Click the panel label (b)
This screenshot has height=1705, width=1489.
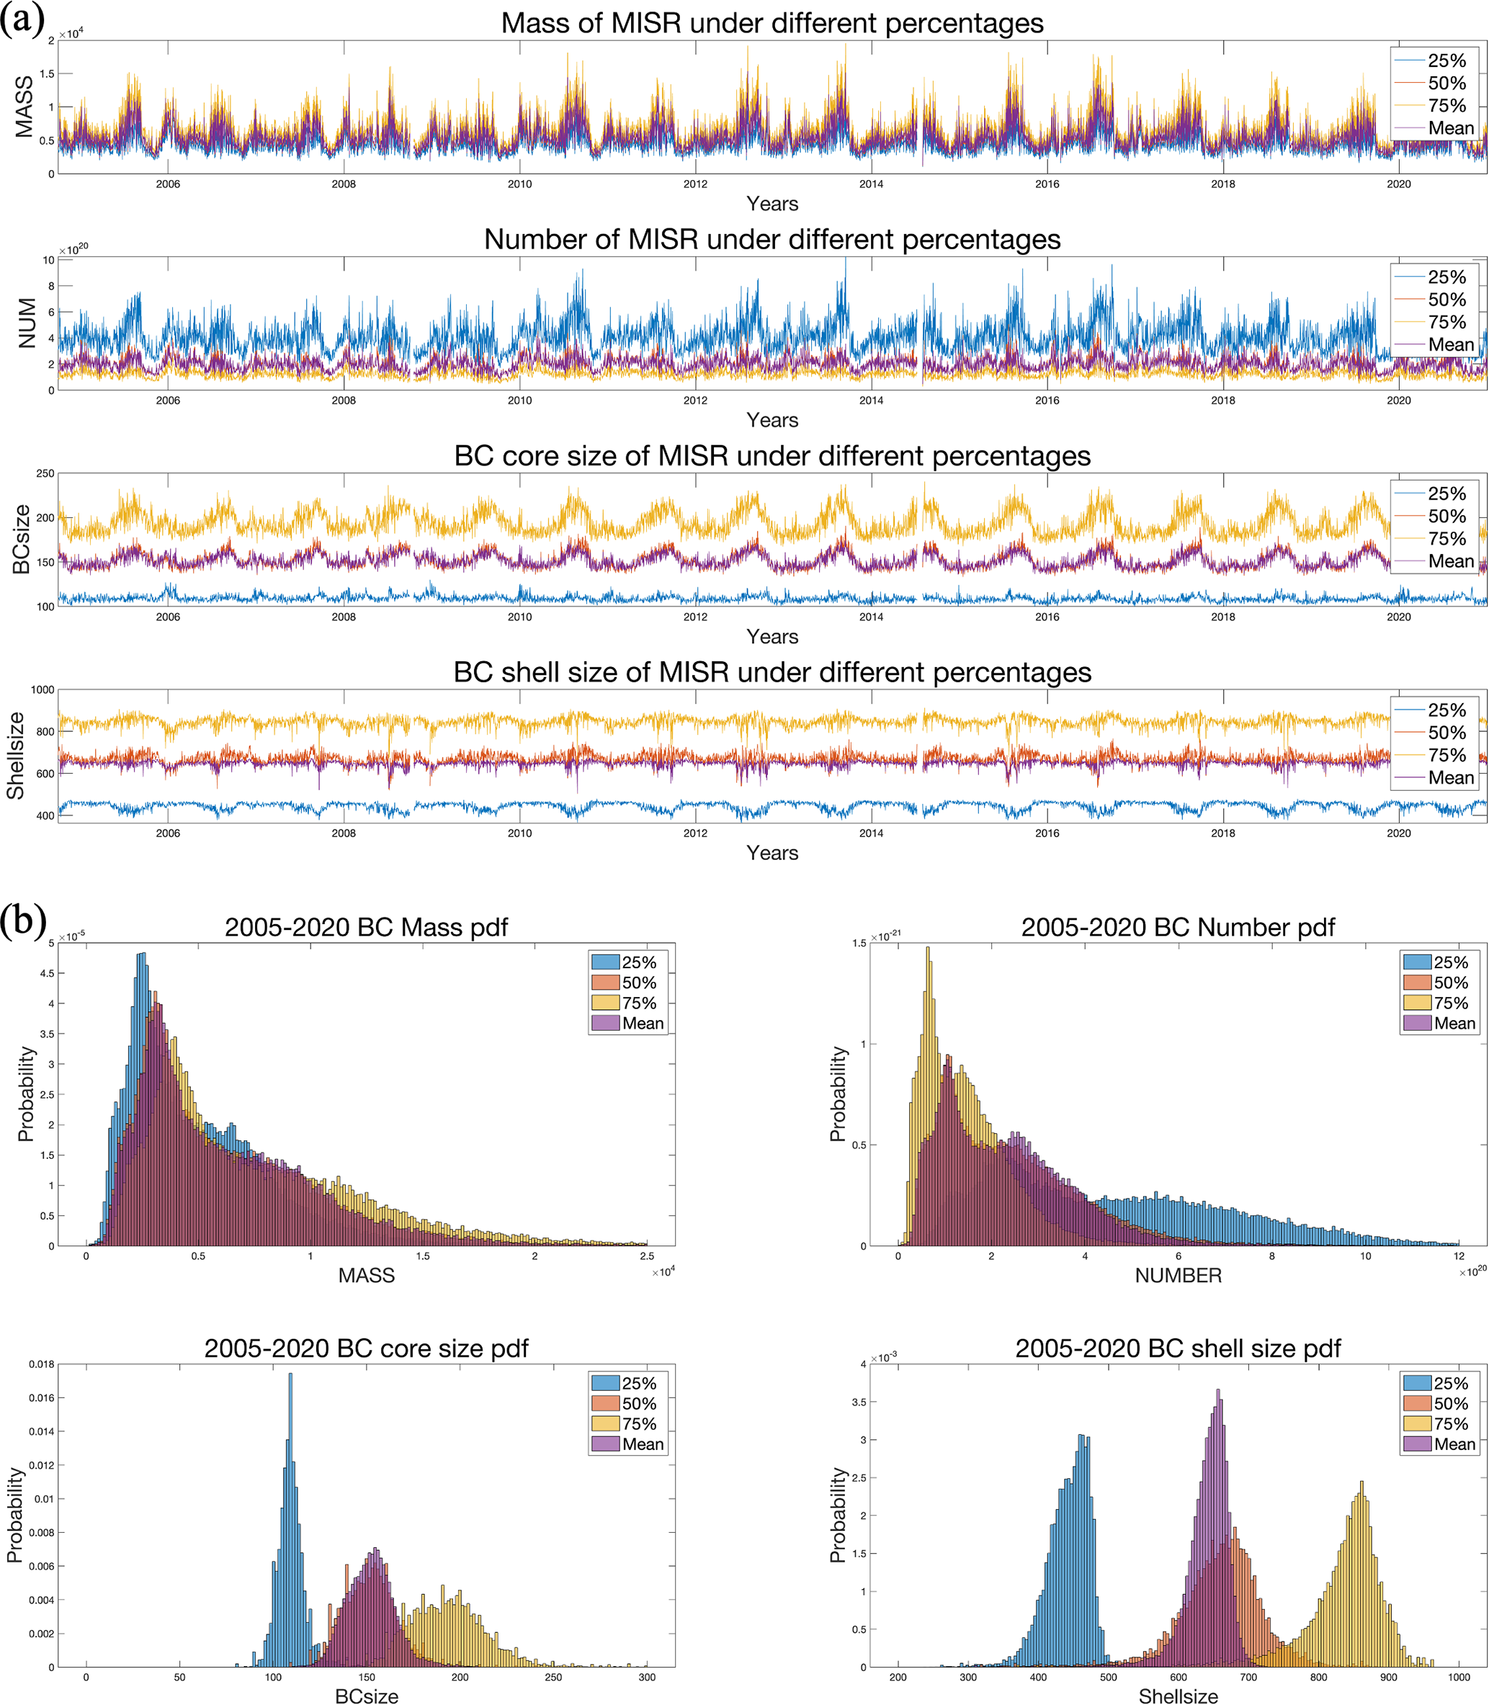coord(22,921)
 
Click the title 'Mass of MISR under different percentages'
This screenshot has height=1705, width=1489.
coord(772,23)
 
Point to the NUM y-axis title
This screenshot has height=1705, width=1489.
coord(27,323)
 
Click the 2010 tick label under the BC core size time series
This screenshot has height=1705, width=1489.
coord(519,617)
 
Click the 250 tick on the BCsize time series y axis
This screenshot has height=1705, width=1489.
coord(45,474)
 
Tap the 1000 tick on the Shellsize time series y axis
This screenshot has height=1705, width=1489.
coord(43,689)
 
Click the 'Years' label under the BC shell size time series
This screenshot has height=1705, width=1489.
coord(772,853)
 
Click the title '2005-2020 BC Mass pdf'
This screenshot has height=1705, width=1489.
coord(366,927)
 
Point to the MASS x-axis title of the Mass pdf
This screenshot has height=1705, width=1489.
coord(366,1276)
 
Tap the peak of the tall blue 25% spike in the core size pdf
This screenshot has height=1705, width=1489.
coord(290,1375)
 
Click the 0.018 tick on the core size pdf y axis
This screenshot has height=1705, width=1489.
coord(42,1364)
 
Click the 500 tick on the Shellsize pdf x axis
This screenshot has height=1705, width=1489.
coord(1108,1678)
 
